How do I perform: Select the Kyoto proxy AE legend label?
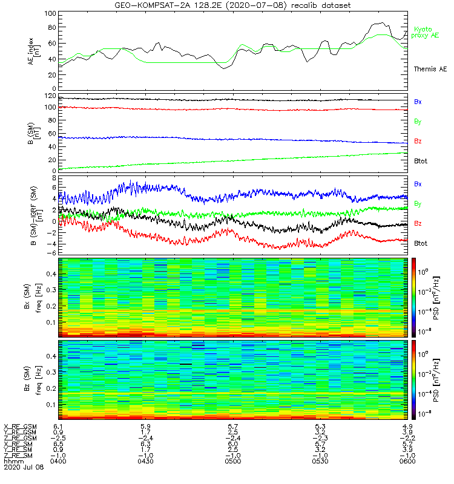(x=427, y=32)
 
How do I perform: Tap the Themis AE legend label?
(x=430, y=70)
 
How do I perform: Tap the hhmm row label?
(x=12, y=462)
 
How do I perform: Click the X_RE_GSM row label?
(x=20, y=427)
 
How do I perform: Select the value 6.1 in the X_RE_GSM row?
(x=58, y=427)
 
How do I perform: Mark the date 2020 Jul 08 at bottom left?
(x=20, y=468)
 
